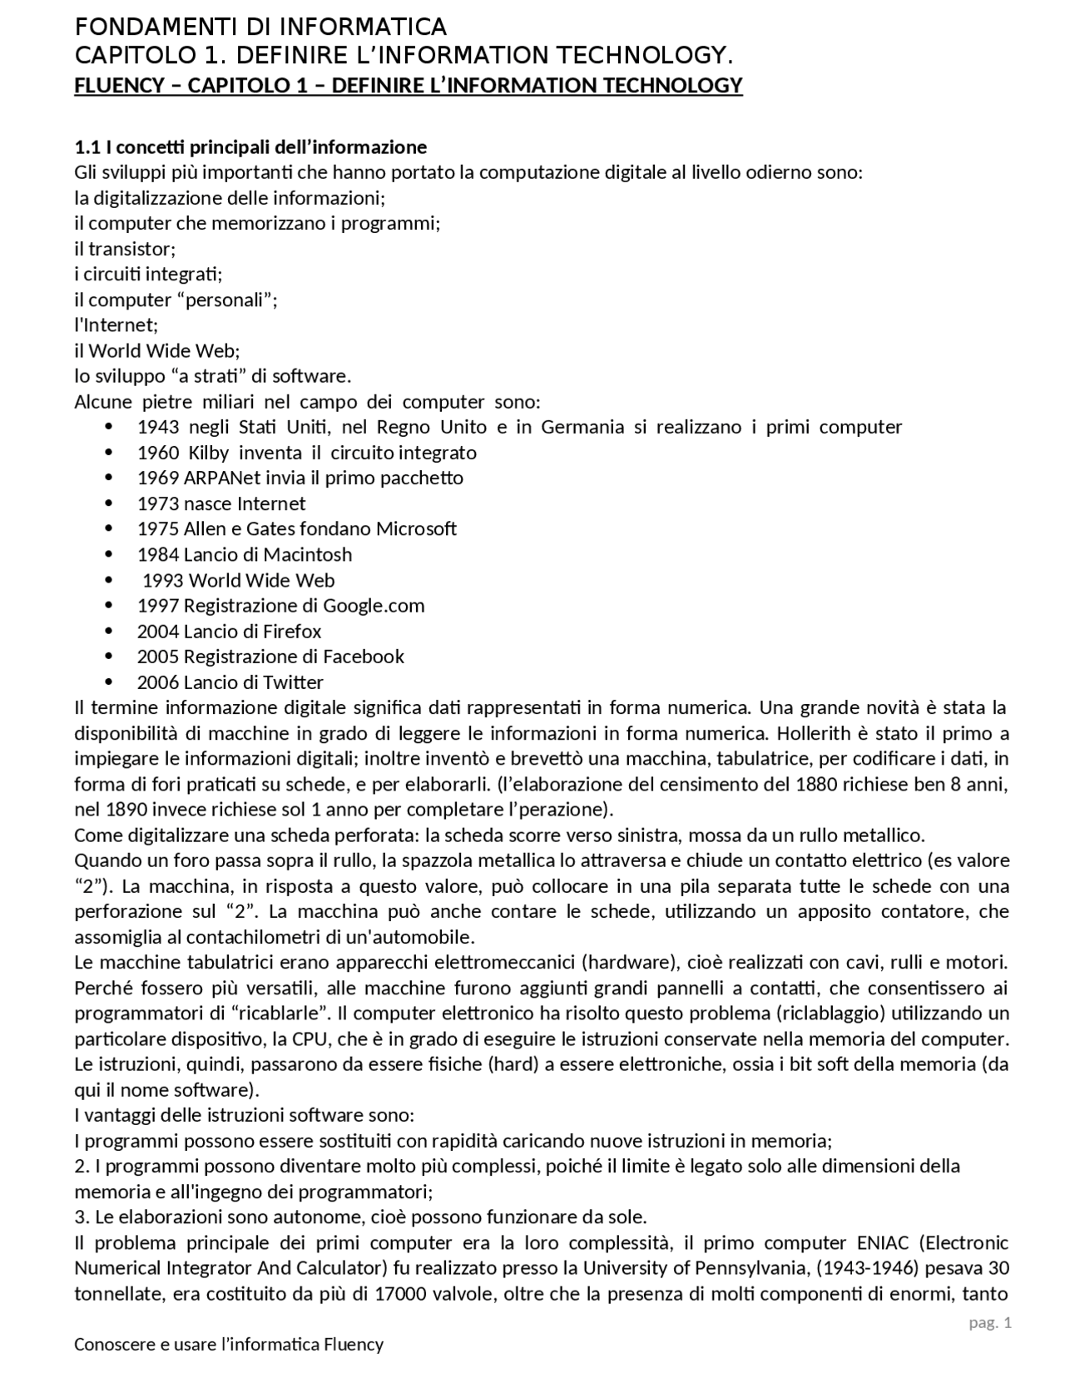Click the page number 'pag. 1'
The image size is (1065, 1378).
[x=989, y=1323]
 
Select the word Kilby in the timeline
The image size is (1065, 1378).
[x=208, y=453]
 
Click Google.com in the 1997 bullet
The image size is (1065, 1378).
[x=374, y=605]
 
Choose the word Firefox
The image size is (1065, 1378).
[x=292, y=631]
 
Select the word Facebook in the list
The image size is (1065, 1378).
[x=363, y=656]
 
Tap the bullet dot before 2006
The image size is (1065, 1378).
[x=110, y=682]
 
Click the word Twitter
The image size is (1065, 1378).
[x=293, y=682]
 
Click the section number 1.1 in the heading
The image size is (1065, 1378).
[x=87, y=147]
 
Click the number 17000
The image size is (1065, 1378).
[x=399, y=1294]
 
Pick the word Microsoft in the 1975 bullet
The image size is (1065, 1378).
[x=416, y=528]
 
